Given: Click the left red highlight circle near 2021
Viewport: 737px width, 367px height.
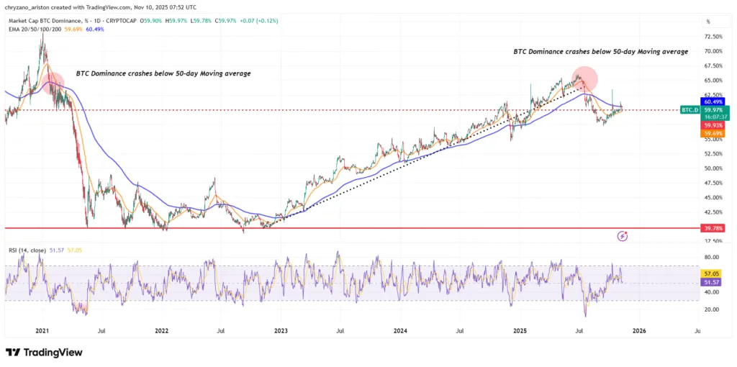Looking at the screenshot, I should tap(53, 81).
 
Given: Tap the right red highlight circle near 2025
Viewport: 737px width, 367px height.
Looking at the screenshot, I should tap(584, 77).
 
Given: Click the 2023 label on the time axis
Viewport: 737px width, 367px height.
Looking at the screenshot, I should tap(281, 331).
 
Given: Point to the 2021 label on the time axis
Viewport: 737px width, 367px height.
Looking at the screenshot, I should tap(42, 331).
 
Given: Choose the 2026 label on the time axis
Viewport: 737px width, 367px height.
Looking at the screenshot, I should tap(638, 331).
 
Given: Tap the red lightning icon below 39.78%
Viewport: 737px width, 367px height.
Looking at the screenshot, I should tap(623, 235).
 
